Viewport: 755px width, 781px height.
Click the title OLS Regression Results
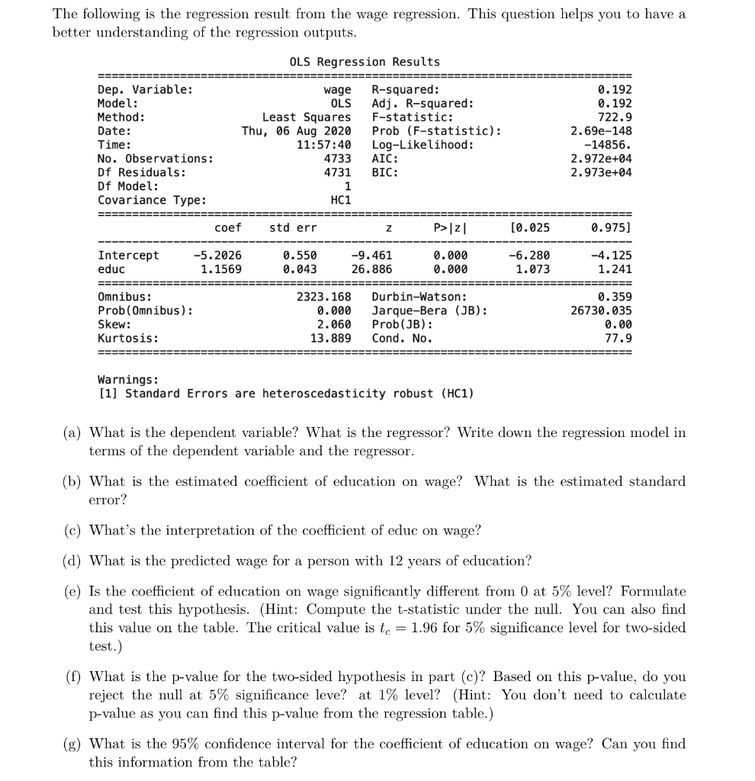[365, 62]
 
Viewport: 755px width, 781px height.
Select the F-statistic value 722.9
[615, 117]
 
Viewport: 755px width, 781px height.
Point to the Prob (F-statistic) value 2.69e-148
[601, 131]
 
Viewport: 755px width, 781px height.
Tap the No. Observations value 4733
[337, 159]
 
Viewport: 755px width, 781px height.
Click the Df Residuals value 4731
[337, 172]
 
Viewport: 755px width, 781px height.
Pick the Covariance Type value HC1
[340, 200]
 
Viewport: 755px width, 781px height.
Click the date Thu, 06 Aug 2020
[296, 131]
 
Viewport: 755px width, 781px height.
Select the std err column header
[293, 228]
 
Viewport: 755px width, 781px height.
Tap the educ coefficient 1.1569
[220, 269]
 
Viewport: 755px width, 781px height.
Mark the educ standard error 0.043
[300, 269]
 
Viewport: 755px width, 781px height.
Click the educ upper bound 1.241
[615, 269]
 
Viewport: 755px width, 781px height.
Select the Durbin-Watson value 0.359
[615, 297]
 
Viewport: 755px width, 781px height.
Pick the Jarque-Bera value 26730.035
[601, 310]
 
